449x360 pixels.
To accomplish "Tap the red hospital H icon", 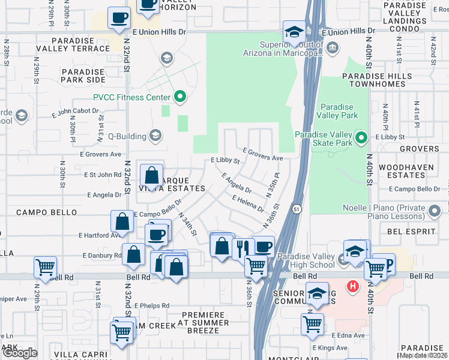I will (354, 287).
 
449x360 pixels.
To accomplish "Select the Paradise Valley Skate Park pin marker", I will (360, 139).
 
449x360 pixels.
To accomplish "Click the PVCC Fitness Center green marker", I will (179, 97).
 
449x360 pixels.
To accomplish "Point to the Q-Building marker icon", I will (156, 135).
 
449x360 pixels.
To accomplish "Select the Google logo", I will (20, 353).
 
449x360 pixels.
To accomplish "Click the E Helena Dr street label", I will (247, 205).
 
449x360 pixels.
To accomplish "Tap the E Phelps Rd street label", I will (152, 305).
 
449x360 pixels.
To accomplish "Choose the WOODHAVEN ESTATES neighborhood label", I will (415, 170).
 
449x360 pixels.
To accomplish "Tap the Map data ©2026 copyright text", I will (423, 355).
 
